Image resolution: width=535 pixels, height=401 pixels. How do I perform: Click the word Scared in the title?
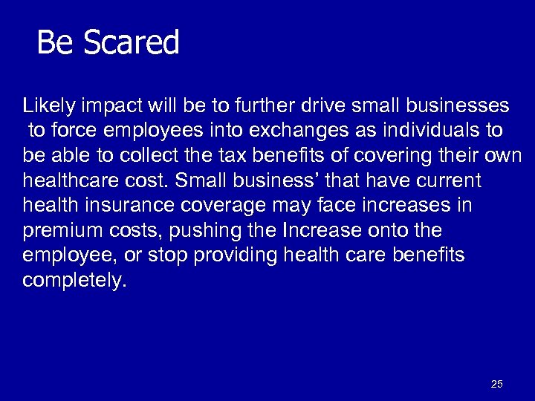[x=132, y=42]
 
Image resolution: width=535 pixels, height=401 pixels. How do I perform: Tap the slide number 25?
[x=497, y=384]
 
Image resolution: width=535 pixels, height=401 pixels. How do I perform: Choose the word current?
[x=447, y=181]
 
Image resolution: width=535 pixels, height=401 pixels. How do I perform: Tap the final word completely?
[x=74, y=281]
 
